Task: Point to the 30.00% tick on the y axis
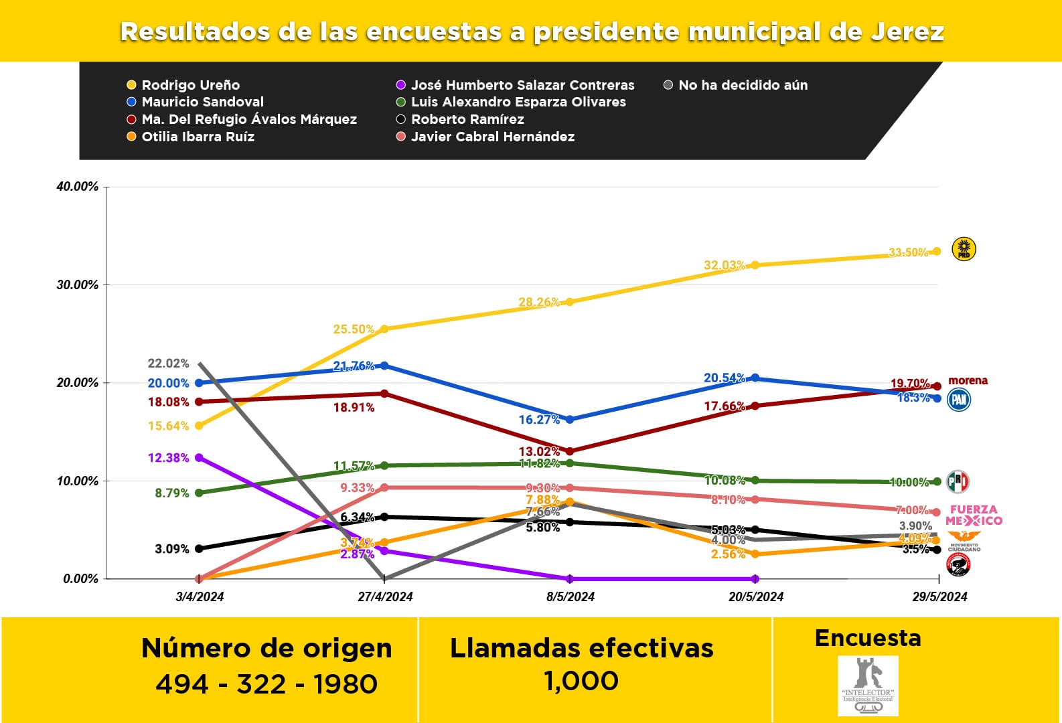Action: point(77,285)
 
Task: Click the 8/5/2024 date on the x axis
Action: point(570,596)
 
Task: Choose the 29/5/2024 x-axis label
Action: point(939,596)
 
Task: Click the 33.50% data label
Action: point(909,252)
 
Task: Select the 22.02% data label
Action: point(168,364)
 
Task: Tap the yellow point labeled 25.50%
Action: point(384,329)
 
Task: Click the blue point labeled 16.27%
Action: point(570,420)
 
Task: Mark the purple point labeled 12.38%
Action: point(199,458)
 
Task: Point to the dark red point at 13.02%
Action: point(570,451)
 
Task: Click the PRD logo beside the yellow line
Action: point(964,249)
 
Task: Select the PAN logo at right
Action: point(959,400)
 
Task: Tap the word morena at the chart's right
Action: point(968,380)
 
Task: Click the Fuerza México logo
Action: point(974,515)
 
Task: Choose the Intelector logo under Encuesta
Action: point(868,686)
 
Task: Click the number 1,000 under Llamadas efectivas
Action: point(581,681)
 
